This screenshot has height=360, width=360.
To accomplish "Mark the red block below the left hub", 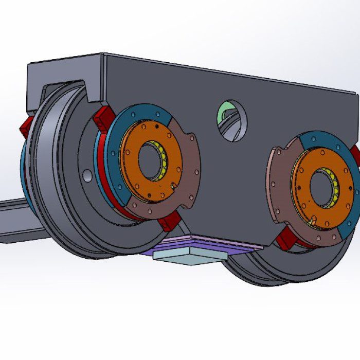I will tap(168, 222).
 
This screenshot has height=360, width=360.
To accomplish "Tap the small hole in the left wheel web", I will tap(88, 175).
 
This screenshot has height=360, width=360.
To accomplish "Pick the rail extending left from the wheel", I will tap(15, 219).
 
